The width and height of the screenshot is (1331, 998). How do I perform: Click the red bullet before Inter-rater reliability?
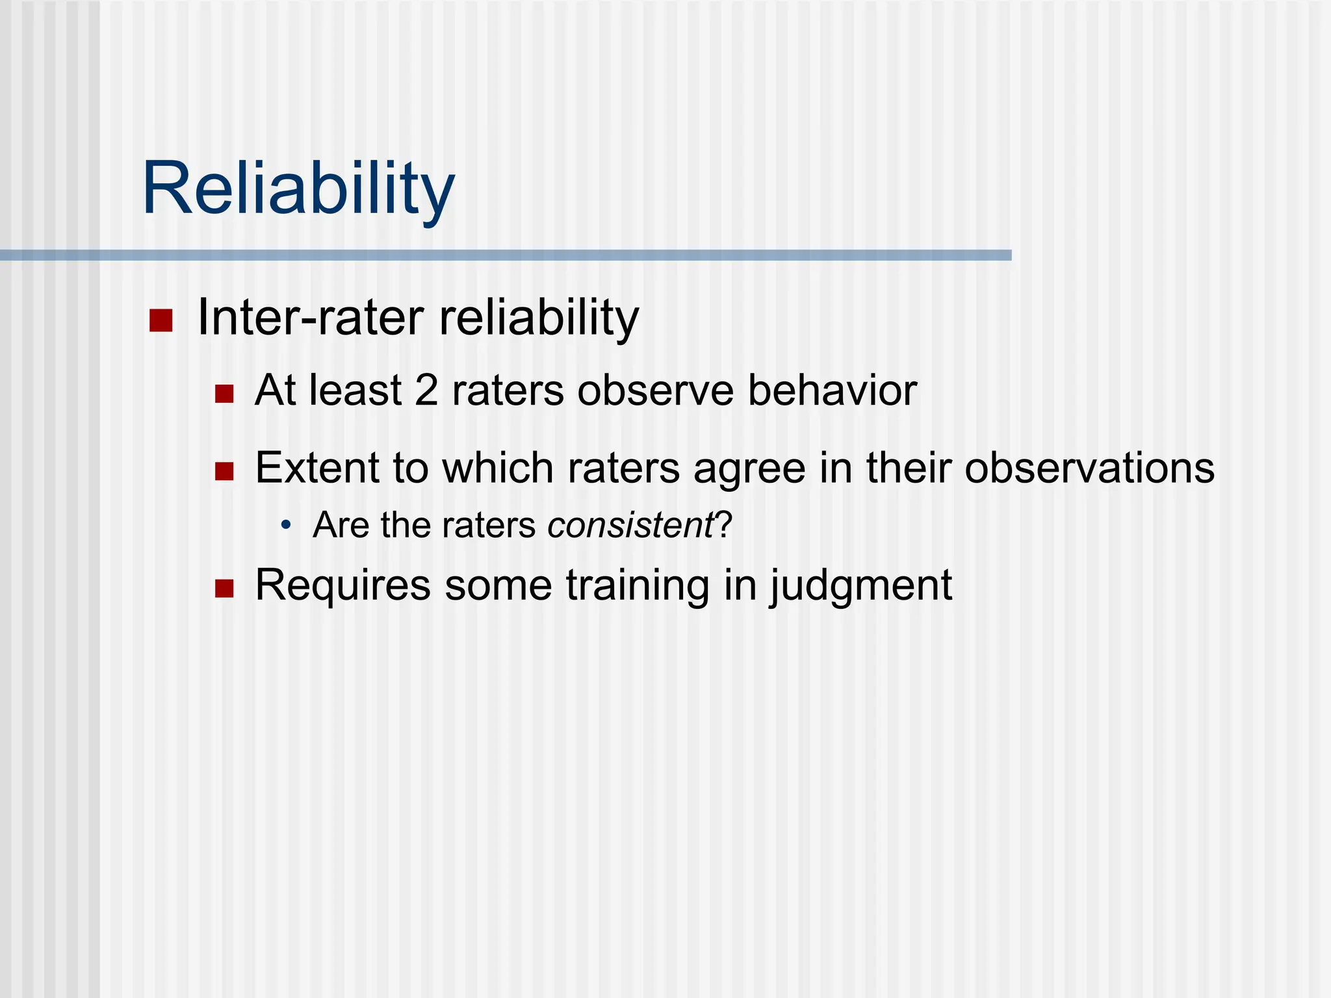[x=161, y=320]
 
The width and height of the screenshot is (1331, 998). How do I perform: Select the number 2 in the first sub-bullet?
[x=426, y=390]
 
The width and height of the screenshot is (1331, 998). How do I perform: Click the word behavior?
[x=832, y=390]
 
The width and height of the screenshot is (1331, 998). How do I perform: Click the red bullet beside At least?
[x=224, y=394]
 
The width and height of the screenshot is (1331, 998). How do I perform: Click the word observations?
[x=1089, y=468]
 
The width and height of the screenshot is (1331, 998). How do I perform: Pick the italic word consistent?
[x=630, y=525]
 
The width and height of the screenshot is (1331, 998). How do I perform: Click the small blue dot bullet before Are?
[x=286, y=525]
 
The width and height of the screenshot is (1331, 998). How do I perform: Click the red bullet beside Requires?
[x=224, y=589]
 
